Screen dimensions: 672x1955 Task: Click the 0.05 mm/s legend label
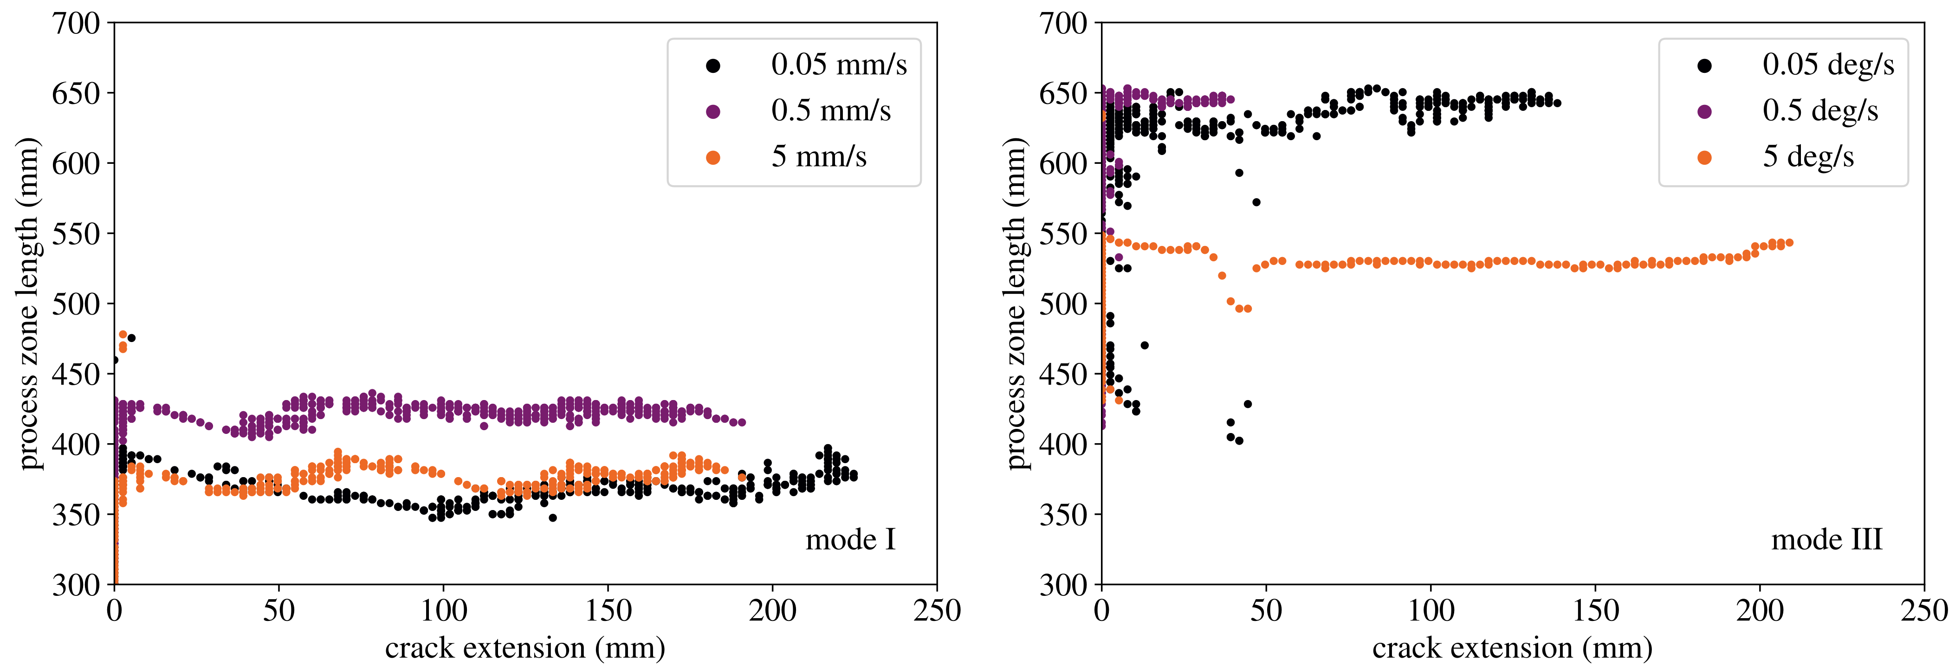(839, 65)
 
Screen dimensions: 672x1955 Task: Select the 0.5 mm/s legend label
(831, 111)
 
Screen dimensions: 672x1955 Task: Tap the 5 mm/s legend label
(819, 157)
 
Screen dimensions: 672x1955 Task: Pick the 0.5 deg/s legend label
(1820, 111)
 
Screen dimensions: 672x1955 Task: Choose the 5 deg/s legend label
(1808, 157)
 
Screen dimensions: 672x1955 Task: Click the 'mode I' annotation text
(850, 540)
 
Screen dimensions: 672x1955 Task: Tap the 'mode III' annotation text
(1827, 540)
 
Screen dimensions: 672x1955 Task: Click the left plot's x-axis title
(525, 648)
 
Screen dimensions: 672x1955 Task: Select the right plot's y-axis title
(1016, 304)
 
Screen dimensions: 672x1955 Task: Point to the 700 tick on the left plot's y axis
(76, 24)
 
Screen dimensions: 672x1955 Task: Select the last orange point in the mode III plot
(1790, 243)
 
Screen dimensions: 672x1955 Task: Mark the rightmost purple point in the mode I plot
(742, 422)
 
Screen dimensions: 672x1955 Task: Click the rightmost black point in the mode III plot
(1557, 103)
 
